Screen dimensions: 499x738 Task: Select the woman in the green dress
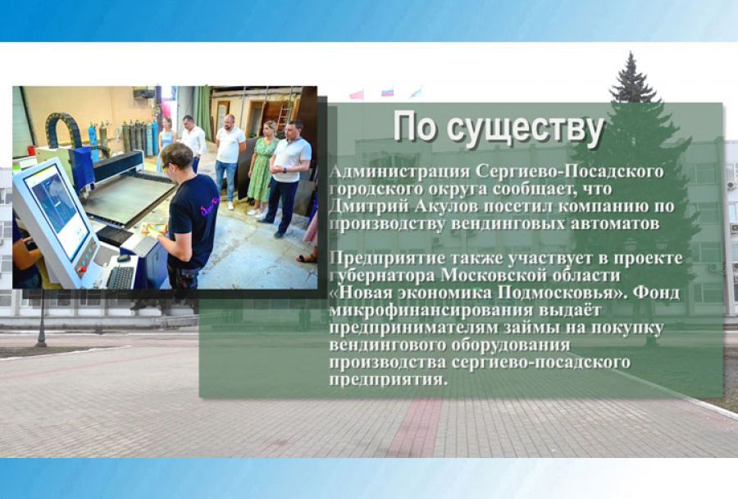coord(263,169)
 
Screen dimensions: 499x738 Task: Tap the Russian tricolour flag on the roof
coord(387,91)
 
